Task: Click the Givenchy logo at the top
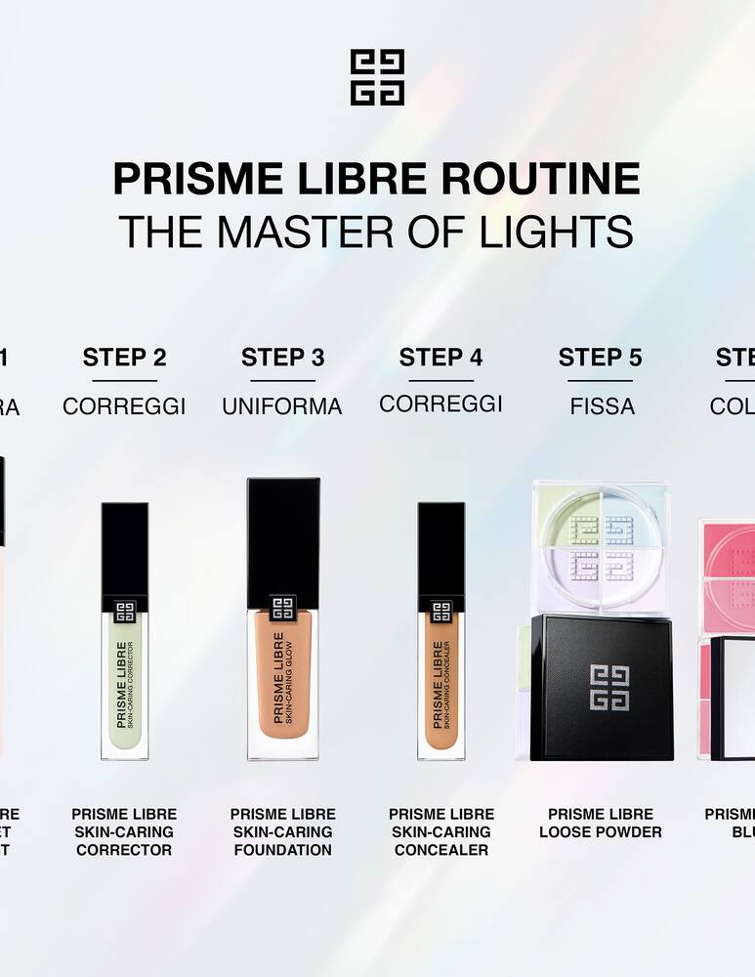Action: [x=377, y=78]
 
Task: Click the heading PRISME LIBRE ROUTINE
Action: [x=377, y=179]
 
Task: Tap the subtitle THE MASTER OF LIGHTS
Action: [x=377, y=232]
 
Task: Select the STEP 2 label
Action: [x=124, y=358]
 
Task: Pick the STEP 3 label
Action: [x=282, y=358]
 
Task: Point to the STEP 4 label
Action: [x=440, y=358]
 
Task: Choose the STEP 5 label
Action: [x=600, y=358]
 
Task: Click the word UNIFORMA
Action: [x=282, y=406]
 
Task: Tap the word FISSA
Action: [x=602, y=405]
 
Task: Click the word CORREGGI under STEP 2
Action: [x=124, y=406]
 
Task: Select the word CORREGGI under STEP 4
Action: [x=440, y=404]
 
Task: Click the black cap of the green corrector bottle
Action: [x=125, y=547]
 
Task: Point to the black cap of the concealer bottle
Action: [x=441, y=547]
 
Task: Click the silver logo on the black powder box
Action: [x=609, y=688]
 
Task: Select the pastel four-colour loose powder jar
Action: [x=600, y=547]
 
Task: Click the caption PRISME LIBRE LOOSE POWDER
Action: [x=601, y=823]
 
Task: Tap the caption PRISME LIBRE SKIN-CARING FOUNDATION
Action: [x=282, y=831]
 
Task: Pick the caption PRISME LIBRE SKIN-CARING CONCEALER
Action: [x=441, y=831]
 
